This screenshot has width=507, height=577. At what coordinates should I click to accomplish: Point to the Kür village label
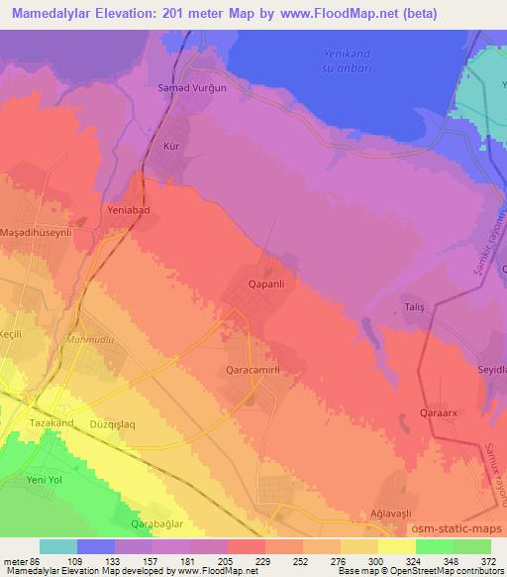click(x=171, y=146)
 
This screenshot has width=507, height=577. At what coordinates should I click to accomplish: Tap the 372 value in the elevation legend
click(x=488, y=560)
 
